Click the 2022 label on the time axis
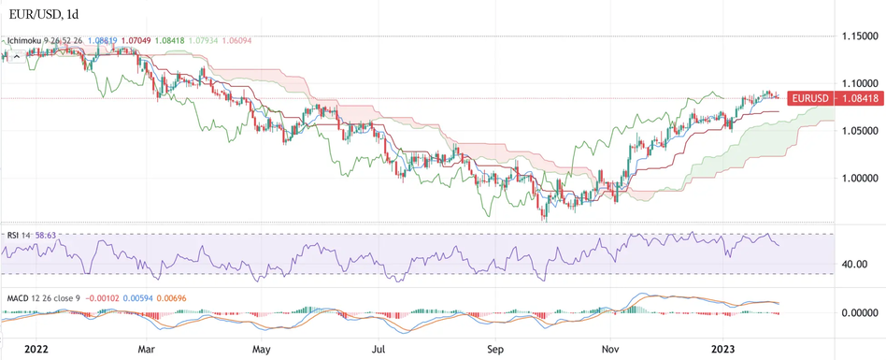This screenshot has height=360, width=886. click(36, 349)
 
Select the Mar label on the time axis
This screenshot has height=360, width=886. click(146, 349)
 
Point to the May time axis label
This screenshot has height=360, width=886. click(262, 349)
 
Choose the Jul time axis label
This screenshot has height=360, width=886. click(379, 349)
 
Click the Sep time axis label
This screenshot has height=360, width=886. click(495, 349)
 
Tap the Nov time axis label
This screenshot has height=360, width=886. click(611, 349)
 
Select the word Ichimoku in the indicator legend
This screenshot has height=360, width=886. click(27, 41)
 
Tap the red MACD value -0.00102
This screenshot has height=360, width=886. click(106, 298)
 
